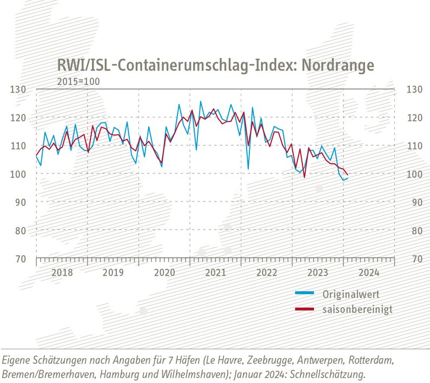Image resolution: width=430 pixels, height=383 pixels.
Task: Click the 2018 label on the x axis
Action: pos(62,272)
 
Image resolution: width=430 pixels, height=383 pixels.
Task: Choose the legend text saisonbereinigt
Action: pos(358,309)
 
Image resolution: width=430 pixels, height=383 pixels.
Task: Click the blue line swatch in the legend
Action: pos(305,293)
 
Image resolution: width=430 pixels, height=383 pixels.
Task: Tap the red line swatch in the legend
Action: pos(305,309)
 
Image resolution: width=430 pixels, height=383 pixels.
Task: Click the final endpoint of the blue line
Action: pos(348,178)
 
